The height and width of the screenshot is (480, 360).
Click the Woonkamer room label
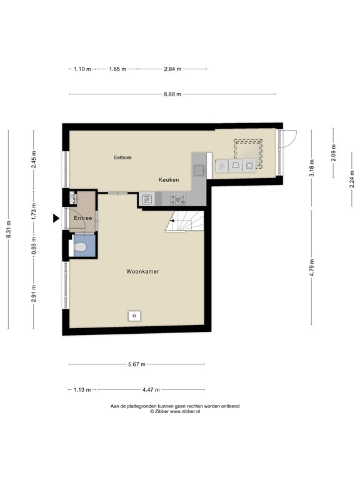142,271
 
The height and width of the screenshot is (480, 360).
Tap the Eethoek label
122,157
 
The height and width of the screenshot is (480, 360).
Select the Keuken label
169,180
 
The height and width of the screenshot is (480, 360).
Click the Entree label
83,218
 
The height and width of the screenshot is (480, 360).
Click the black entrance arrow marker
56,218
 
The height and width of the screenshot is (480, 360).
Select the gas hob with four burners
178,199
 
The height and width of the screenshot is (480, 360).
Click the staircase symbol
184,221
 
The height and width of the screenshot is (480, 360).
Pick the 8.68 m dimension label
172,94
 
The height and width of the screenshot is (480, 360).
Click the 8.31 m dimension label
9,229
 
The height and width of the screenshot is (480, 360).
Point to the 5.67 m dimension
137,364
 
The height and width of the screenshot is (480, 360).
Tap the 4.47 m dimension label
151,390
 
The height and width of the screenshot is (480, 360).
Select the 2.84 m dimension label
172,69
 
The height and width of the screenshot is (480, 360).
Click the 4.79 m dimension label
312,268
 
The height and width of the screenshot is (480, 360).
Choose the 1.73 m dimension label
34,211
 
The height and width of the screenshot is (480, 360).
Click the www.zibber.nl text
185,412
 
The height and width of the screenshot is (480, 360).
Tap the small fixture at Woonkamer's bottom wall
134,316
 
